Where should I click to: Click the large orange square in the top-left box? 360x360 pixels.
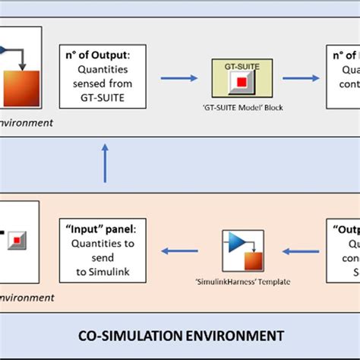point(20,90)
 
